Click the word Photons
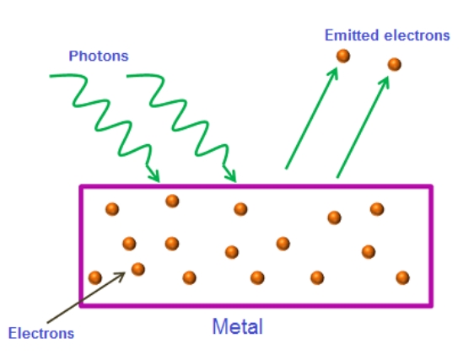(x=99, y=56)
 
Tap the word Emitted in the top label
(x=352, y=35)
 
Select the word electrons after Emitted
(x=417, y=35)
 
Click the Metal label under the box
(x=238, y=326)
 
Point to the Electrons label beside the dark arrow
(x=41, y=333)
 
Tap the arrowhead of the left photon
(x=154, y=175)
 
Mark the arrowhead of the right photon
(x=231, y=175)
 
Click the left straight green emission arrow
(x=311, y=118)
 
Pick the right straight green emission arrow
(x=363, y=127)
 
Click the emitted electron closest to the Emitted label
(x=343, y=56)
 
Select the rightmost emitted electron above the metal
(x=395, y=64)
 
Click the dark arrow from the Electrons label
(x=86, y=298)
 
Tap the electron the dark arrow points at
(x=138, y=269)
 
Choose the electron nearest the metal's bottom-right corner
(x=402, y=277)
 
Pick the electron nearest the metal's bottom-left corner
(x=95, y=277)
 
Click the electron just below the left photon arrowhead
(x=172, y=201)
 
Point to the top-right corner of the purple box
(x=431, y=186)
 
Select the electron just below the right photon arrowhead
(x=240, y=209)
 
